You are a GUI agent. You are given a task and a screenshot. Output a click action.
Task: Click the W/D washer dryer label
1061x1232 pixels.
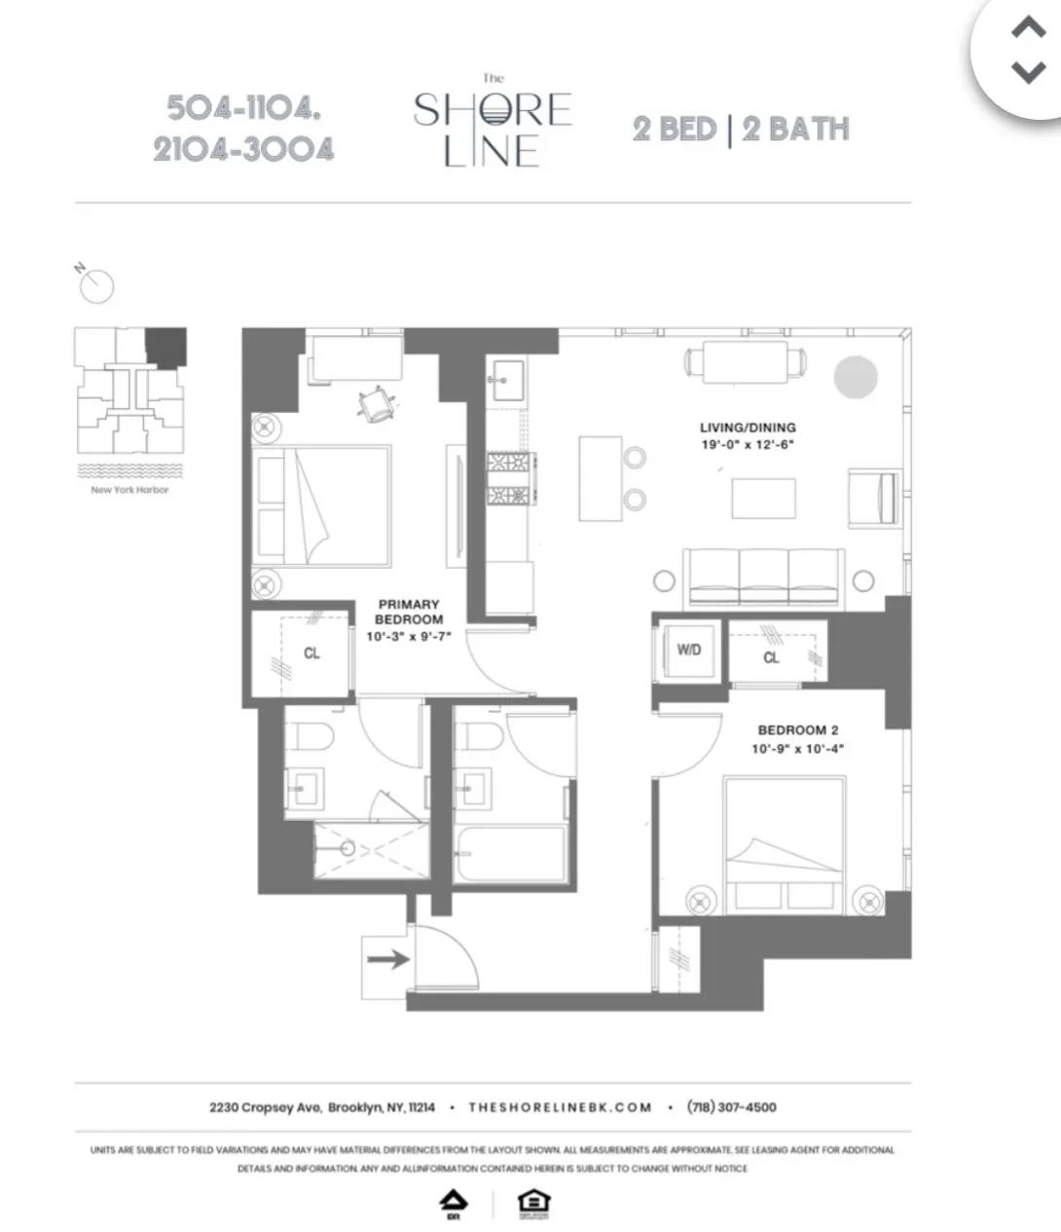click(688, 650)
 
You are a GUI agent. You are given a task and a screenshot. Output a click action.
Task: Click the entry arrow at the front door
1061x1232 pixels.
click(386, 960)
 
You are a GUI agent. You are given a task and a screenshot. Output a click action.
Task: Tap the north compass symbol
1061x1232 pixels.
click(96, 284)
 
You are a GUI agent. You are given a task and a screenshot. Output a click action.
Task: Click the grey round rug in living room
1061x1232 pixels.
click(855, 377)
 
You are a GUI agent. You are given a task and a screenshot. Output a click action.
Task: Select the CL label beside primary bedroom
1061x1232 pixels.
click(311, 653)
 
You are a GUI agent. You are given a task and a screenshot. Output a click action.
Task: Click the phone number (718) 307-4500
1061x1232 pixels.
click(731, 1107)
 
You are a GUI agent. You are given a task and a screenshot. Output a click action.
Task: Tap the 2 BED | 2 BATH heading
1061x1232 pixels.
click(741, 130)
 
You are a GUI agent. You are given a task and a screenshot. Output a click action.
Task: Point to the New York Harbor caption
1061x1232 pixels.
click(129, 490)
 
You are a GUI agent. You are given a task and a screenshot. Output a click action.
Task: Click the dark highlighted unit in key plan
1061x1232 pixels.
click(165, 347)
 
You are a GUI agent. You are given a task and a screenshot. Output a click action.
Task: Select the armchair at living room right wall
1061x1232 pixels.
click(874, 496)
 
